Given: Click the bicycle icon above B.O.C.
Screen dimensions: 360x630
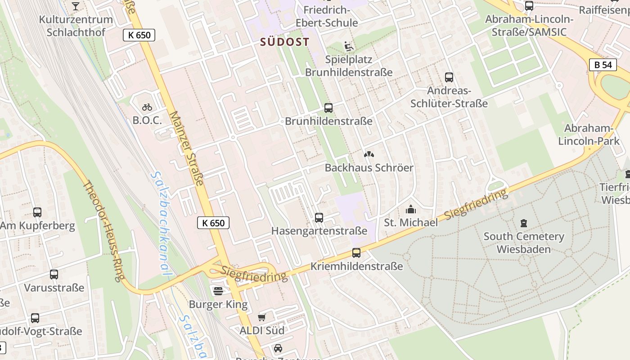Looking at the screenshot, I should coord(147,107).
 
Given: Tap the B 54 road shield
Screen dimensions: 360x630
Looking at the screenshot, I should coord(603,65).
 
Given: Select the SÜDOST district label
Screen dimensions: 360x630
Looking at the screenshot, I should coord(285,42).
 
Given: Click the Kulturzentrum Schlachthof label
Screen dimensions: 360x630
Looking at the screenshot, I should coord(76,26).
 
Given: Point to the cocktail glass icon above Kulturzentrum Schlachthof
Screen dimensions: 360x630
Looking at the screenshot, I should coord(76,6).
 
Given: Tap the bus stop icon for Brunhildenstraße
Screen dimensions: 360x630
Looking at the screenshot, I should coord(328,108).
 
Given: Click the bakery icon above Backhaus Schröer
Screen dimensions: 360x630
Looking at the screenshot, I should coord(369,154).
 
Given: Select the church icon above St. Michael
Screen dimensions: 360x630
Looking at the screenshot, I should coord(410,209).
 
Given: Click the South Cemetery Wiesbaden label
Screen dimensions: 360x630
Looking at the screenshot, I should coord(524,243).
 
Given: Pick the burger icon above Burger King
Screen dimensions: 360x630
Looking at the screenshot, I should coord(218,291).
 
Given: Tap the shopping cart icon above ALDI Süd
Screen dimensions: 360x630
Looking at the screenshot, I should coord(262,317).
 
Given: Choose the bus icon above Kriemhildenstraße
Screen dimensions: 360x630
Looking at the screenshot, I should coord(356,253).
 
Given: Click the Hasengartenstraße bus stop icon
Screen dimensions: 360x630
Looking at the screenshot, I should coord(319,218).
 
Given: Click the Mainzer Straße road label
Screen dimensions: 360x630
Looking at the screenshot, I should coord(187,149).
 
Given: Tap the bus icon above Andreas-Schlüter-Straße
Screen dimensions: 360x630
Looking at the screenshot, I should coord(449,77).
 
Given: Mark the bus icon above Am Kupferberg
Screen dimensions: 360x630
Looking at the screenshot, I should coord(37,212).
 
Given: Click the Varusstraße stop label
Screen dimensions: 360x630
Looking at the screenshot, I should coord(54,288).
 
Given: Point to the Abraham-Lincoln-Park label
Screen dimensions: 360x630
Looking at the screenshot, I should coord(589,135).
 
